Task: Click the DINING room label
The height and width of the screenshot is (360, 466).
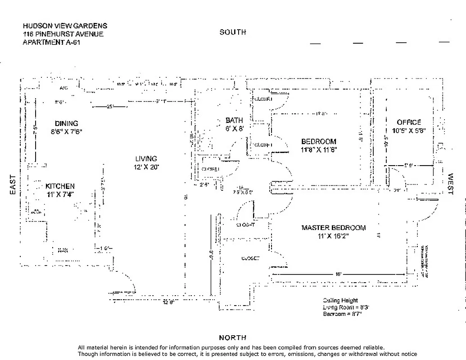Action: tap(67, 124)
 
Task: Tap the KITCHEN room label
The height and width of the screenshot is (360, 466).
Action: tap(60, 186)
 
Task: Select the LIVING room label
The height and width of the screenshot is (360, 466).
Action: tap(146, 159)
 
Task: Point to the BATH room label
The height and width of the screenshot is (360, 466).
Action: tap(234, 121)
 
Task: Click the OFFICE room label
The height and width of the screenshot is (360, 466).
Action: tap(409, 122)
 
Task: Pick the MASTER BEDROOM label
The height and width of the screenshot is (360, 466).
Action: tap(333, 228)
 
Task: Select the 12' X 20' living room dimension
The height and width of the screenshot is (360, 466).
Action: tap(146, 167)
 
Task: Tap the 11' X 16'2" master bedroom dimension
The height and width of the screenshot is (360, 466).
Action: tap(333, 236)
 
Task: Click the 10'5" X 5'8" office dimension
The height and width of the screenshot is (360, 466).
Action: tap(409, 130)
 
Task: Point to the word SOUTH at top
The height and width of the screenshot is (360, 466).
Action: tap(233, 32)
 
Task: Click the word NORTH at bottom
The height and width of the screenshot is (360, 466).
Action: tap(233, 337)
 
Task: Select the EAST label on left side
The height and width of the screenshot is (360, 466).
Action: tap(13, 185)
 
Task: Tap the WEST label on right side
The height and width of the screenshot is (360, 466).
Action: tap(450, 184)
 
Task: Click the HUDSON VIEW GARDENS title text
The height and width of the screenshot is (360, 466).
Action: tap(65, 26)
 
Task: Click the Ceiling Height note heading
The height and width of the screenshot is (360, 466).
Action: tap(340, 301)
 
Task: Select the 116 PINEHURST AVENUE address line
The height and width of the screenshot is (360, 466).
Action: tap(63, 34)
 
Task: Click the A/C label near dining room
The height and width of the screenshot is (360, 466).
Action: tap(63, 88)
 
